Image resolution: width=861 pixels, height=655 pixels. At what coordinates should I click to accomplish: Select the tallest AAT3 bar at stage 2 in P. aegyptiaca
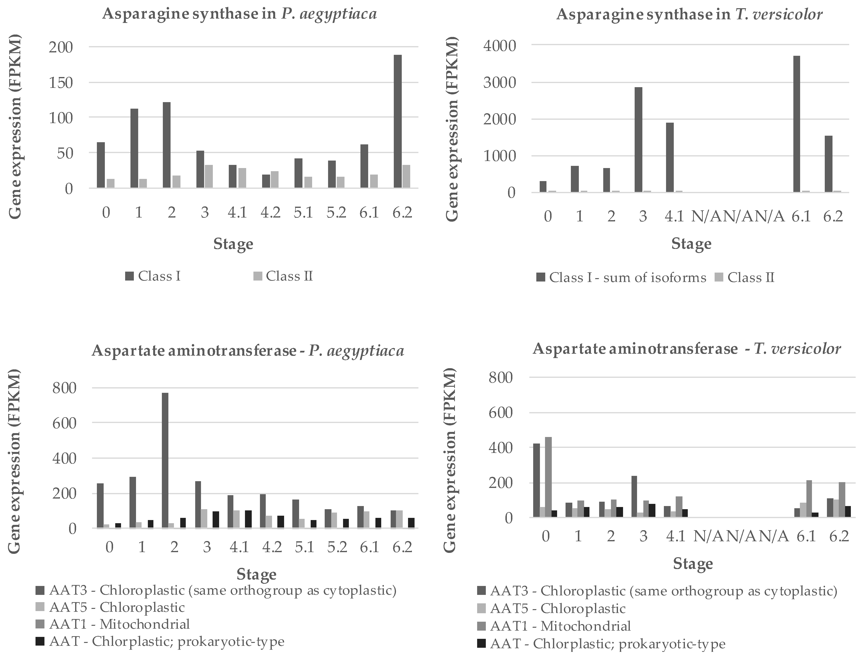(165, 460)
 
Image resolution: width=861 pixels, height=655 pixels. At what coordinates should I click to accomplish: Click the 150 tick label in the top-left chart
(61, 83)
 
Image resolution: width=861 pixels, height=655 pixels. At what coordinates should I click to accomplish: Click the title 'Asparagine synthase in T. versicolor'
(689, 14)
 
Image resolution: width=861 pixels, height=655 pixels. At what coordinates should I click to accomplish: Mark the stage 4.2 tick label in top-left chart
(270, 213)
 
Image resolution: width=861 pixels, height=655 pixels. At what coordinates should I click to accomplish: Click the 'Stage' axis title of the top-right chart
(691, 244)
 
